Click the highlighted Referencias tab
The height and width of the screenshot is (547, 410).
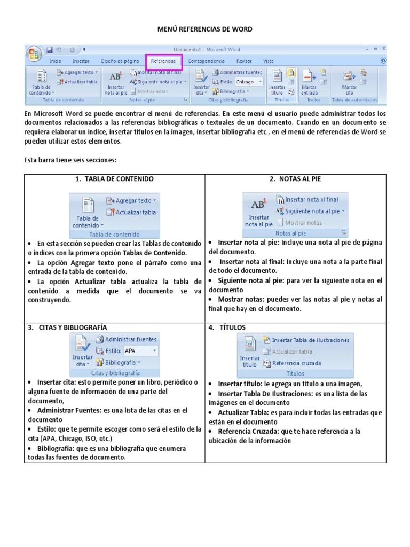163,61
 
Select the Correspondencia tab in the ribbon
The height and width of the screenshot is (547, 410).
206,61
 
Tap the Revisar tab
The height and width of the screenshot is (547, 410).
244,61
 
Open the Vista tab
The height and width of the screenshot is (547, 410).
269,61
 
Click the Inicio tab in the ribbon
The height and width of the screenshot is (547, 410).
56,61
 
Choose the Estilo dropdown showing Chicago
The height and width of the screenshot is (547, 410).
248,82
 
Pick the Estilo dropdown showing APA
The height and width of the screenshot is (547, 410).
140,351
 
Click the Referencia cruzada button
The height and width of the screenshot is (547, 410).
296,363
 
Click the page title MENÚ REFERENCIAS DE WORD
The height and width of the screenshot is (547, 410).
204,29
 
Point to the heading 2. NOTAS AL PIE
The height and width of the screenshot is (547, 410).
295,179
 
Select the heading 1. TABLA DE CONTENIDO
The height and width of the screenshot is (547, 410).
115,179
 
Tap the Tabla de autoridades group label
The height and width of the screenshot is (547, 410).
354,100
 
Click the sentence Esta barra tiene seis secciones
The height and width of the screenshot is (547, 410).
71,160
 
